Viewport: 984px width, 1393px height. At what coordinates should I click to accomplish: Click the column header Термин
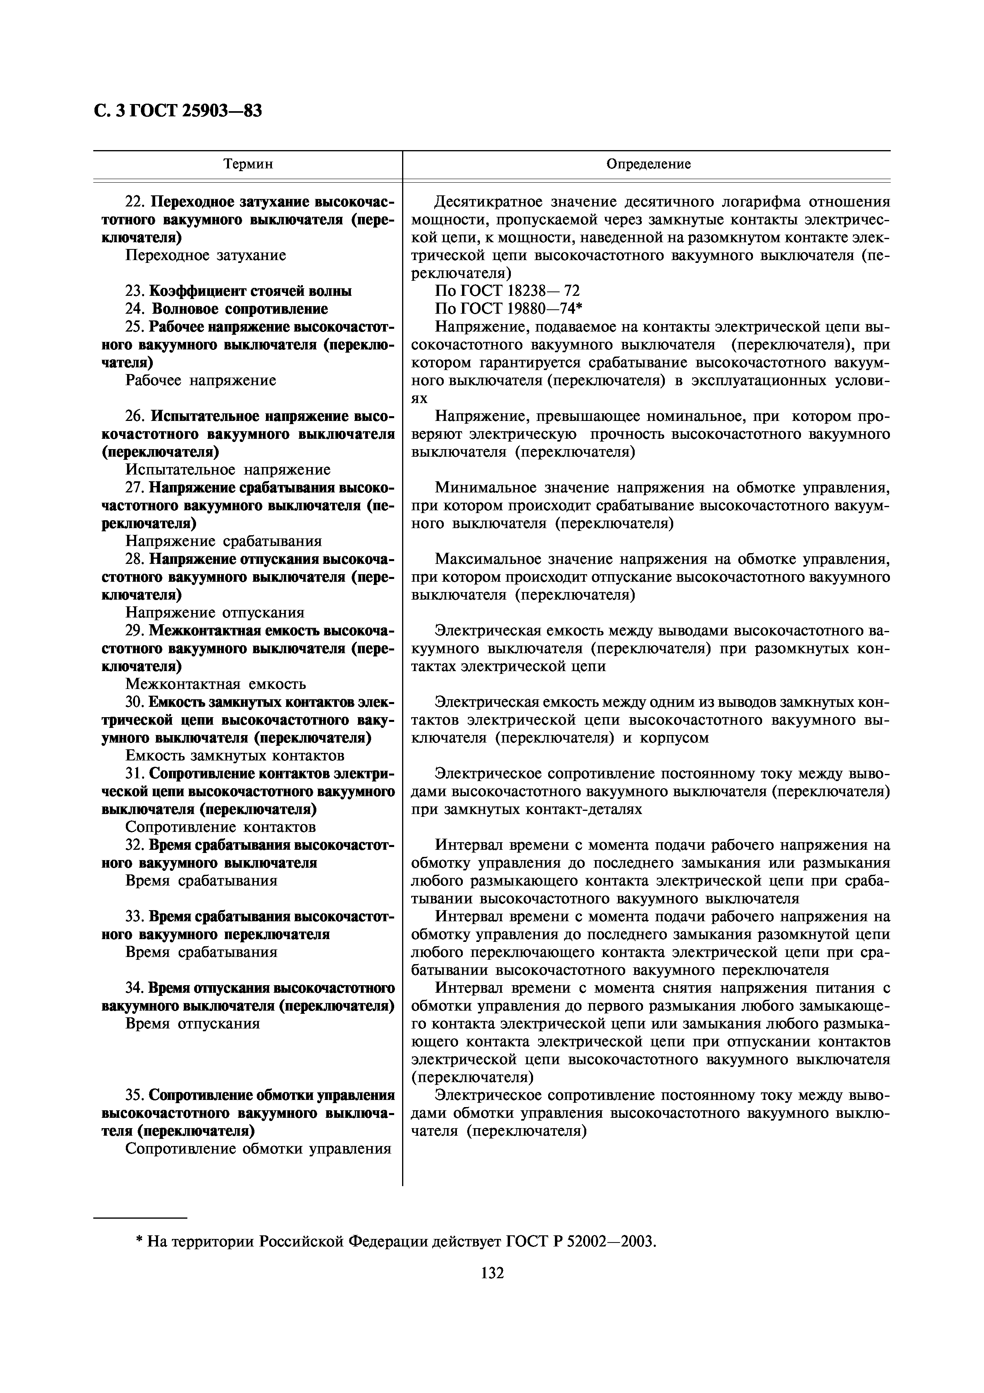248,164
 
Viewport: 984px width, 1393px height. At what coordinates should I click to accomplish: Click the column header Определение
648,164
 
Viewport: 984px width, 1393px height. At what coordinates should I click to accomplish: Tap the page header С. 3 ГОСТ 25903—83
178,111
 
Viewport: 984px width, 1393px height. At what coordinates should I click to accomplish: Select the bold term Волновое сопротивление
239,309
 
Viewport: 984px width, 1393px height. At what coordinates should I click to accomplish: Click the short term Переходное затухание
206,255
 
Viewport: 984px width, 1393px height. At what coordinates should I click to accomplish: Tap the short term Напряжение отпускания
215,612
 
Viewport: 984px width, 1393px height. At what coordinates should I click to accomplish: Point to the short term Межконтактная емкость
215,684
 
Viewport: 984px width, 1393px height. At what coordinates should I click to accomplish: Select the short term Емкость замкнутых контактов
235,755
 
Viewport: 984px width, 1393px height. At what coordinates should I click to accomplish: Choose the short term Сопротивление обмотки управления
258,1148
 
